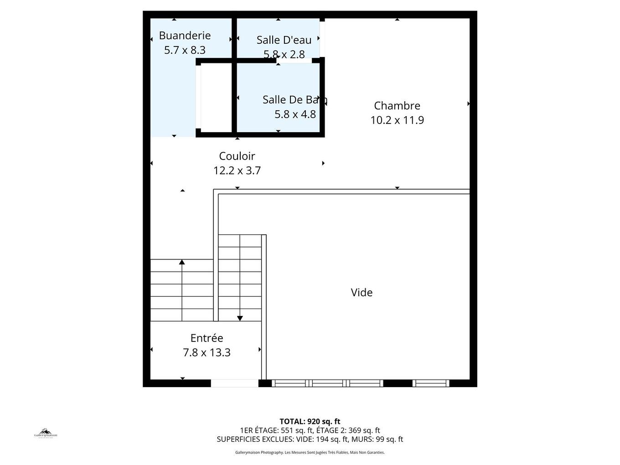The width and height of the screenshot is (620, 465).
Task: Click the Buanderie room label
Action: (x=185, y=36)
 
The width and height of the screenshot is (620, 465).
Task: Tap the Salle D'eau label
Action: (x=284, y=40)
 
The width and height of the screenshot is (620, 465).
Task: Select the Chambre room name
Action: (x=397, y=106)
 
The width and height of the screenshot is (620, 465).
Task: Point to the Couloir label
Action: (x=237, y=156)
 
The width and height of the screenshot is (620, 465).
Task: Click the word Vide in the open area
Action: (x=362, y=293)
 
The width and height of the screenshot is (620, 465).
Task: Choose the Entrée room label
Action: (x=207, y=338)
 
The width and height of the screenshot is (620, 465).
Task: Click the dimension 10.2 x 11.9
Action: (x=397, y=120)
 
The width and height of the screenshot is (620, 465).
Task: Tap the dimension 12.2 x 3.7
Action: (x=237, y=170)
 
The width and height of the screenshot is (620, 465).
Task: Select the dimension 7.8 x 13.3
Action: (x=207, y=353)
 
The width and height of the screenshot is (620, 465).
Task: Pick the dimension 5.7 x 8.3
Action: (x=185, y=50)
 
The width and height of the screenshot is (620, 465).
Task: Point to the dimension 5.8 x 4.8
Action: (x=295, y=114)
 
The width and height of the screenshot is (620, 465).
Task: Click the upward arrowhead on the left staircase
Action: (x=182, y=262)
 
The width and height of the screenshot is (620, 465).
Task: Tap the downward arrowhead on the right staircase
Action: (x=240, y=318)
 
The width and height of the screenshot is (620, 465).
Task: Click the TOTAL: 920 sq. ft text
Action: (x=310, y=422)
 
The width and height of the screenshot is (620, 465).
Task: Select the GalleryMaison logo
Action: (x=46, y=434)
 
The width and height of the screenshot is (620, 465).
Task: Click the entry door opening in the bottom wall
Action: (x=234, y=383)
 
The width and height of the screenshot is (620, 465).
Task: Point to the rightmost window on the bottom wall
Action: (x=431, y=383)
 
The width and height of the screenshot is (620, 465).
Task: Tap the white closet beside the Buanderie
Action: (x=216, y=98)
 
